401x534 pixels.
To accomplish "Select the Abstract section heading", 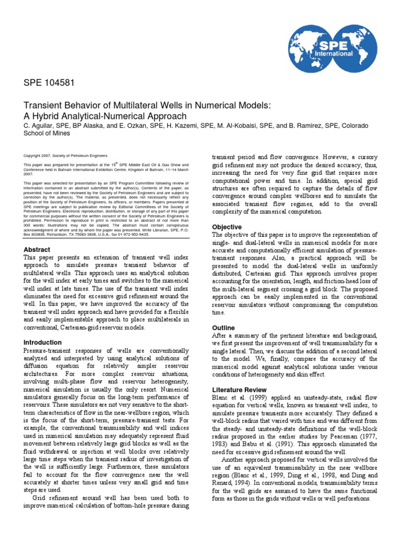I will (x=37, y=249).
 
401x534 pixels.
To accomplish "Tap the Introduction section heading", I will (x=43, y=342).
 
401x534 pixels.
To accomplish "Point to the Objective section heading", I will (x=227, y=227).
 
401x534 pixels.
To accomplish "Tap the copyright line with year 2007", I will (x=66, y=155).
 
